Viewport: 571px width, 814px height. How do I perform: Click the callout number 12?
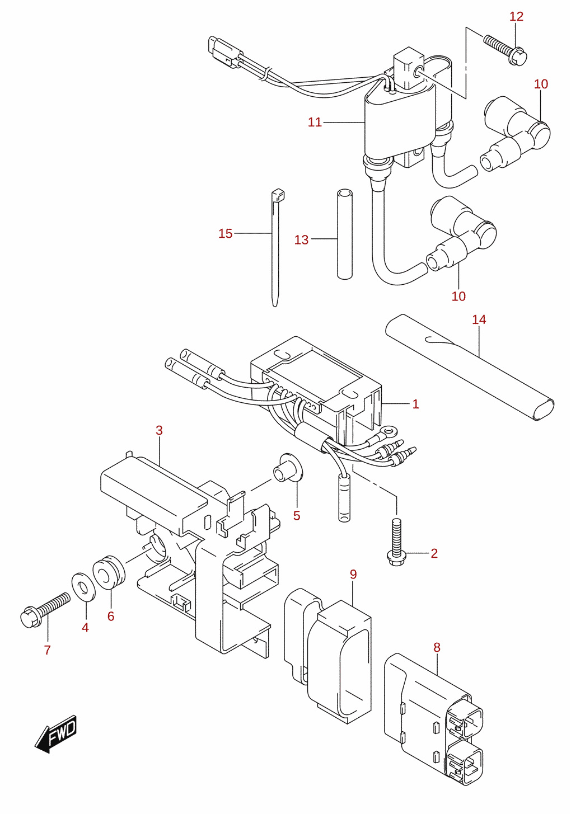[x=516, y=16]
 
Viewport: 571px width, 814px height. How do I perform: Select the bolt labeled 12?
[x=506, y=50]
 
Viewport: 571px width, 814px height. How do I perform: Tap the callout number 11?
[x=315, y=122]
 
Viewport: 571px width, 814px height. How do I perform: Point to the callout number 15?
[x=225, y=233]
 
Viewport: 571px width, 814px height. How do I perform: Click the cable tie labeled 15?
[x=276, y=247]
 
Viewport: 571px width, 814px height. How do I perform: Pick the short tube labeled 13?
[x=345, y=234]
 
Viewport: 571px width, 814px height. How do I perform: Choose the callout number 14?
[x=479, y=319]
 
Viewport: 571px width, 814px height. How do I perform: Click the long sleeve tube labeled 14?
[x=470, y=368]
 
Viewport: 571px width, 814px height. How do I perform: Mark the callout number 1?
[x=416, y=404]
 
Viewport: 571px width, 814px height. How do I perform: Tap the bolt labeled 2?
[x=397, y=542]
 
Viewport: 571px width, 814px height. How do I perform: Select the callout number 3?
[x=159, y=430]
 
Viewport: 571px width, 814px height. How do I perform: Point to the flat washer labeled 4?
[x=84, y=587]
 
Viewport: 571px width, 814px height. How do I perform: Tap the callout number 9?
[x=353, y=574]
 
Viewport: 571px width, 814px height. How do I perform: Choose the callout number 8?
[x=437, y=647]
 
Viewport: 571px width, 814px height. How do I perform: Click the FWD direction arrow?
[x=55, y=735]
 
